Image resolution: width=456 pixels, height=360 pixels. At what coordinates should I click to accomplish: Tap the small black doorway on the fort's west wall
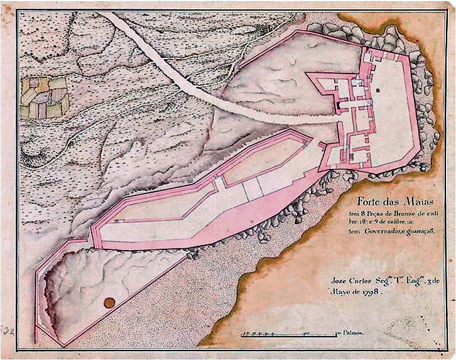point(337,102)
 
